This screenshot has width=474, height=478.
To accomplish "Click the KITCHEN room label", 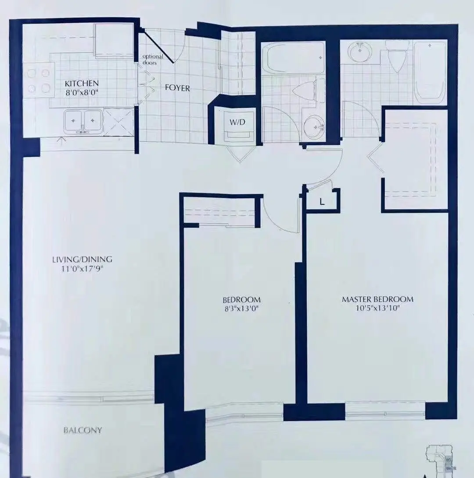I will (x=82, y=83).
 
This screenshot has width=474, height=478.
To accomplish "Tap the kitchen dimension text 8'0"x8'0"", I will (x=82, y=92).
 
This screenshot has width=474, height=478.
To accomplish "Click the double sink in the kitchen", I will (x=83, y=121).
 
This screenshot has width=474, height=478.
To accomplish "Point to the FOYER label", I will (x=177, y=88).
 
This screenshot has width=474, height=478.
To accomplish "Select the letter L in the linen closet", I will (x=322, y=202).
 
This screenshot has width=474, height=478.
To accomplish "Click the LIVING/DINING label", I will (x=82, y=259).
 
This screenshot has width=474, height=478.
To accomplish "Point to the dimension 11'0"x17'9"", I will (x=82, y=268).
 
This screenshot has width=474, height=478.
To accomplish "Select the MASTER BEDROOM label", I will (x=377, y=299).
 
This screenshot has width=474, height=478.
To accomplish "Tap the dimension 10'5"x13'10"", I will (x=377, y=308).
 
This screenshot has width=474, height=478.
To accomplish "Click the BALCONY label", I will (x=83, y=430).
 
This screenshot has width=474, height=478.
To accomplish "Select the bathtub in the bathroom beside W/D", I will (x=293, y=57).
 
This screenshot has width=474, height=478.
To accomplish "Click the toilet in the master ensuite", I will (x=397, y=56).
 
